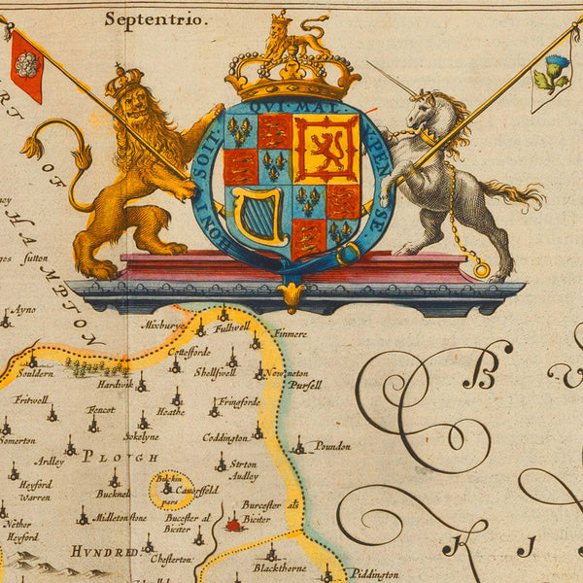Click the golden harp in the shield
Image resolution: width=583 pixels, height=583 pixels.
pos(257,213)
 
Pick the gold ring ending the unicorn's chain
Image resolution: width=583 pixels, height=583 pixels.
pos(481,269)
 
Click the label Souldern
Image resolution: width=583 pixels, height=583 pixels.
pos(35,374)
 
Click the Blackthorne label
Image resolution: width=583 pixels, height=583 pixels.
pos(280,567)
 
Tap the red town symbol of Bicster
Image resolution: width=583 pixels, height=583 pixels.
pos(232,526)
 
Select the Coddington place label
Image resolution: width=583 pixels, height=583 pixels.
pos(225,438)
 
